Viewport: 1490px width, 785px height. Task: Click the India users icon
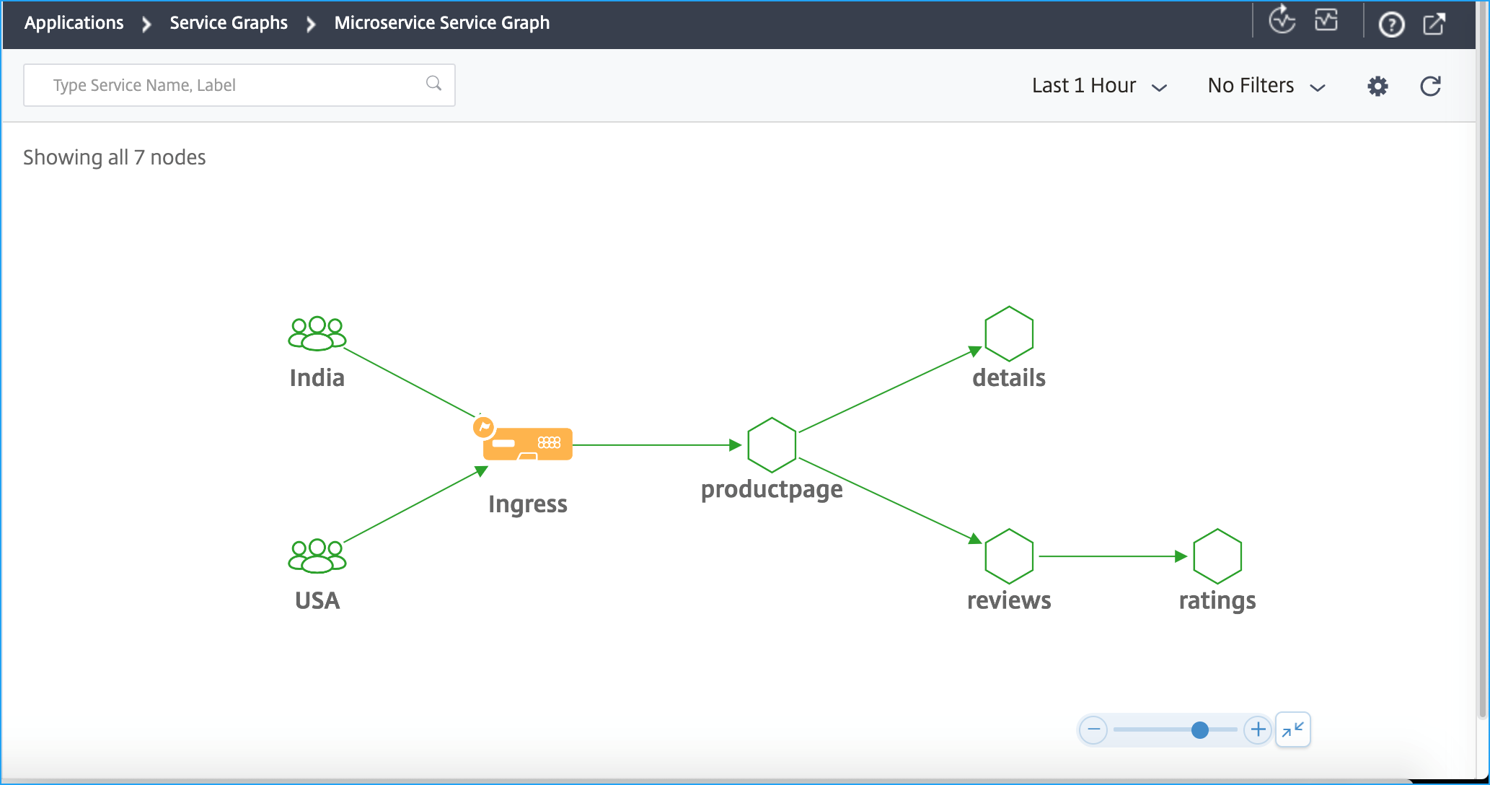(317, 333)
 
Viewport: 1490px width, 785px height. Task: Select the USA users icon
(317, 556)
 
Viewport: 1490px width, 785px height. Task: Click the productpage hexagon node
(772, 444)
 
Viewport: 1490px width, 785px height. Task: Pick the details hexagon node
(1009, 333)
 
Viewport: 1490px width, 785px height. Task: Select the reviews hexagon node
(1009, 556)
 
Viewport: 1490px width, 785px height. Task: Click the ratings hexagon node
(1217, 556)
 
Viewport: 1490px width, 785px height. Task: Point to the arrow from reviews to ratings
(1114, 556)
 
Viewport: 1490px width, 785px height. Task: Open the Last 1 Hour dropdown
(1099, 86)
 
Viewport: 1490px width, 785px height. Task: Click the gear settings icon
(1377, 87)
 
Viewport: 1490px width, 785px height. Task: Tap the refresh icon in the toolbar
(1430, 87)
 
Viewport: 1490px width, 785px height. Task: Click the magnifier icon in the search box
(433, 84)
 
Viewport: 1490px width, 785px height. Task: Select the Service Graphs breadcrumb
(229, 23)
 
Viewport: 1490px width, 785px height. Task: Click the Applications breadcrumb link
(74, 23)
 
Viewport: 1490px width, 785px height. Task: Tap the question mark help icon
(1391, 25)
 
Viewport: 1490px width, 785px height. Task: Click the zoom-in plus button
(1258, 729)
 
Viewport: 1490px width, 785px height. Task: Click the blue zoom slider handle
(1199, 730)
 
